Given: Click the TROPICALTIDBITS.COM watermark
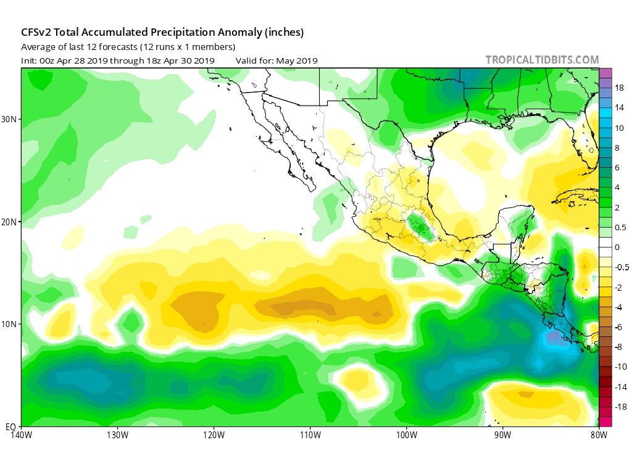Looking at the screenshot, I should pyautogui.click(x=542, y=60).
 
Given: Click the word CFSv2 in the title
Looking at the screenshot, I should pyautogui.click(x=37, y=32).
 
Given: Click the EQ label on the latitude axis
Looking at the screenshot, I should pyautogui.click(x=11, y=426).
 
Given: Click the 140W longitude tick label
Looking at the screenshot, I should pyautogui.click(x=22, y=434).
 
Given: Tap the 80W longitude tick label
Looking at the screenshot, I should pyautogui.click(x=598, y=434).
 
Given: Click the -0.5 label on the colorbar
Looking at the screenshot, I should pyautogui.click(x=621, y=267).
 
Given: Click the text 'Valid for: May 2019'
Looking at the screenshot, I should pyautogui.click(x=276, y=60).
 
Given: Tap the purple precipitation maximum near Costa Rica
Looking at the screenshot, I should pyautogui.click(x=554, y=336).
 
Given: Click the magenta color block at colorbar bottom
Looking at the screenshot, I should pyautogui.click(x=605, y=422).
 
